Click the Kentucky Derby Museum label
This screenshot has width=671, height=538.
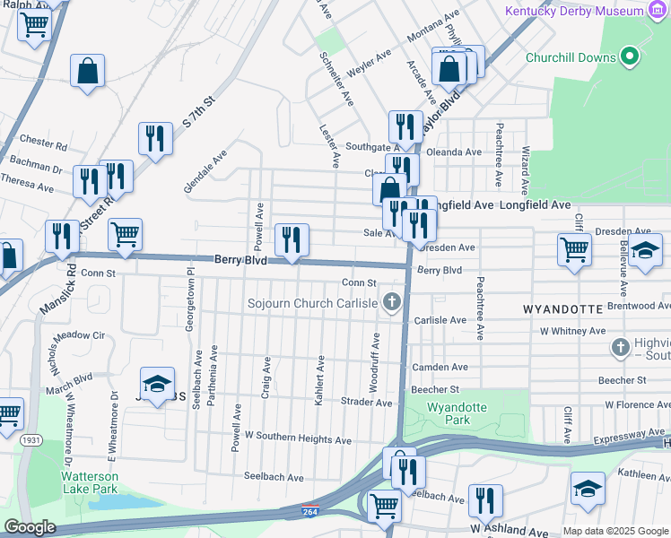574,12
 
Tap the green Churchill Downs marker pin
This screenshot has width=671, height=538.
630,56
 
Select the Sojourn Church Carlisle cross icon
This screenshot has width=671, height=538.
391,302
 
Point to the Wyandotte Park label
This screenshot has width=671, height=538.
457,413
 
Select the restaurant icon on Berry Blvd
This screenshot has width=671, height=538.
292,240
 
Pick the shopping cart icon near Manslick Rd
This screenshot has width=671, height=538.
125,234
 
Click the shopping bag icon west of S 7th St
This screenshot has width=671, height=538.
88,71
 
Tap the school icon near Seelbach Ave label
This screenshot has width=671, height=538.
157,385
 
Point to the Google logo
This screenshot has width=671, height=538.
30,527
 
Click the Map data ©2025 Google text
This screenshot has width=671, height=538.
614,531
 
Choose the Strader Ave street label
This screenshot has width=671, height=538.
366,403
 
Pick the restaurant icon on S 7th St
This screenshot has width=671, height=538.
155,139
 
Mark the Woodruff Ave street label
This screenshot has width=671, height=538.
375,360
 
